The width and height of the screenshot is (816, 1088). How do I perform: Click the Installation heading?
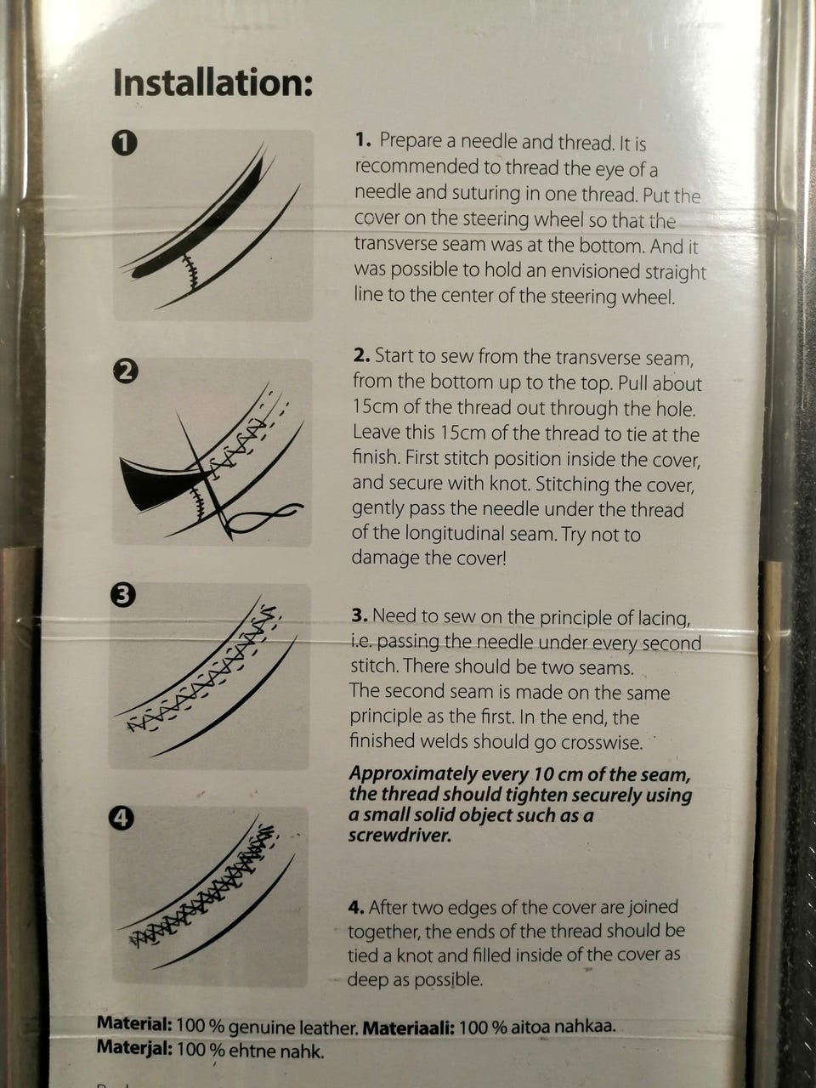point(213,82)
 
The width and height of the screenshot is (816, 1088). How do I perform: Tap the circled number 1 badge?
point(124,144)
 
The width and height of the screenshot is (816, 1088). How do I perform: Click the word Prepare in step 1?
point(411,142)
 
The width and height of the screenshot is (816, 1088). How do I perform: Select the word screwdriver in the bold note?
point(399,836)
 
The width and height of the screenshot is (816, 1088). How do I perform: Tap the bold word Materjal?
point(134,1047)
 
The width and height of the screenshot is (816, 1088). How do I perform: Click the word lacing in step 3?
point(660,618)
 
